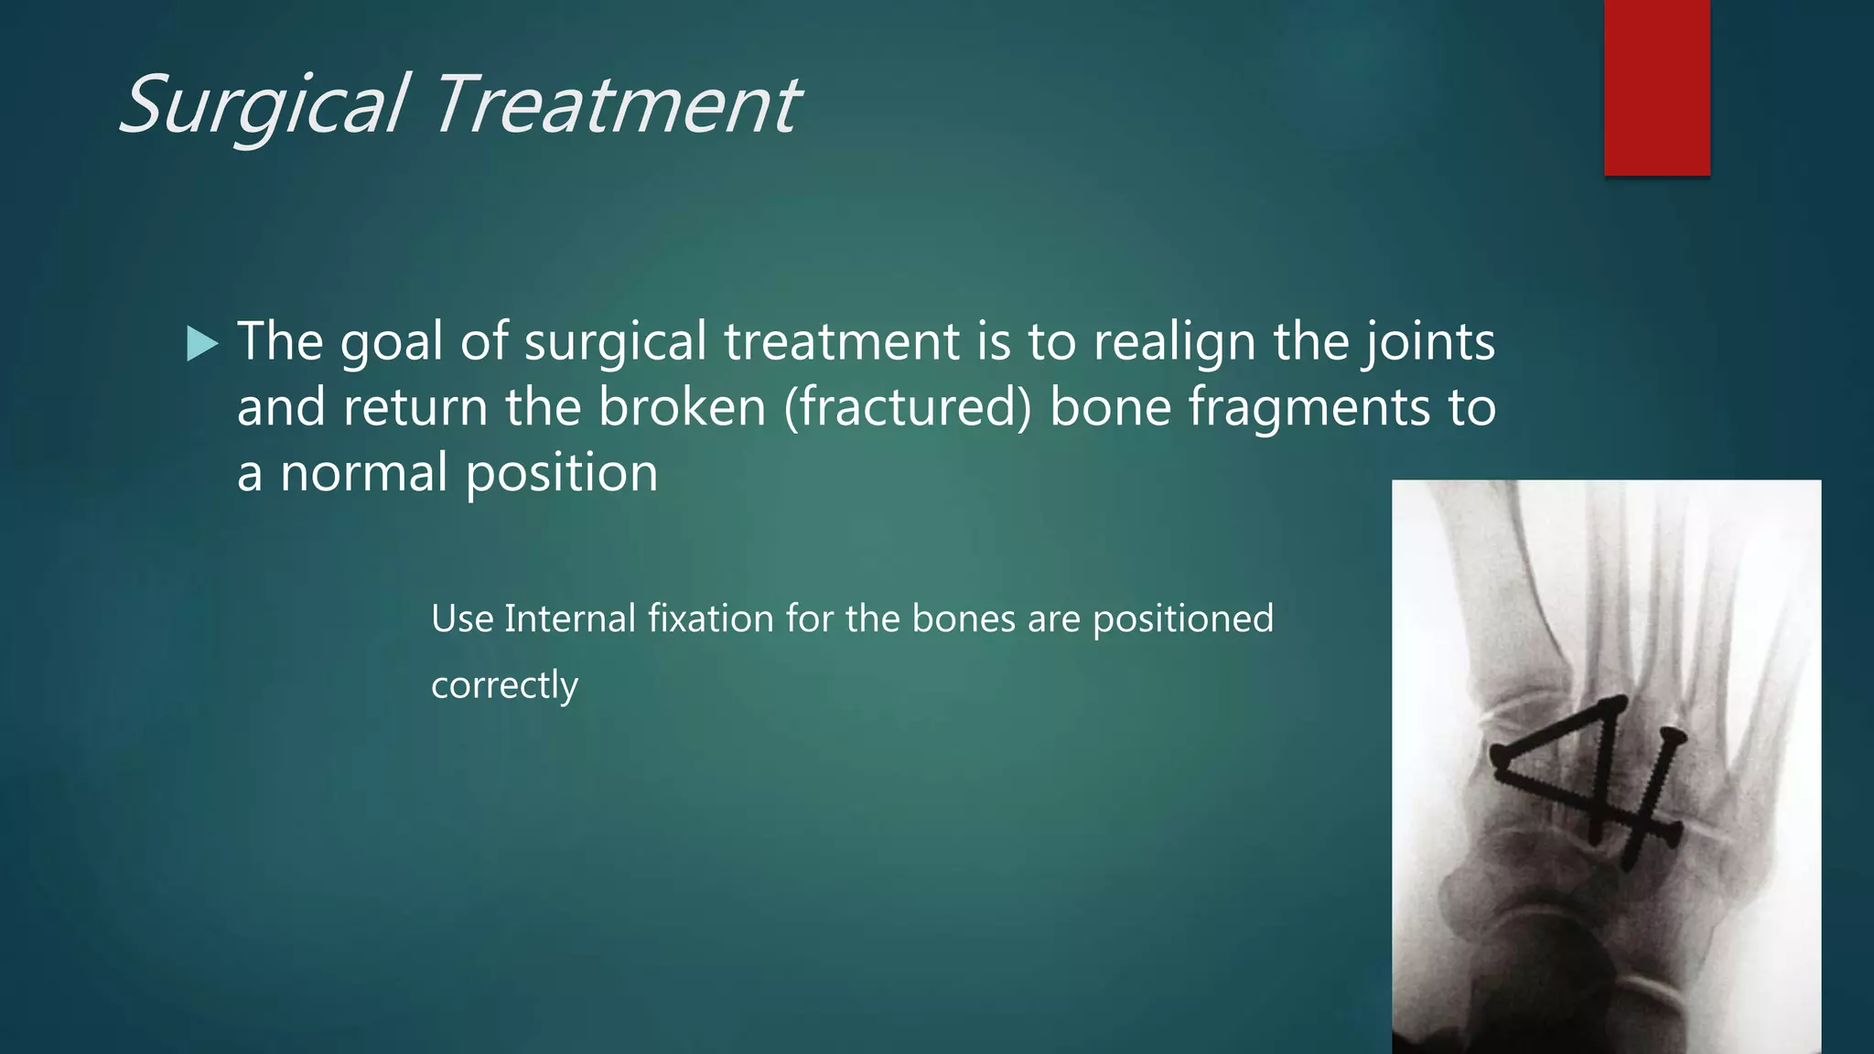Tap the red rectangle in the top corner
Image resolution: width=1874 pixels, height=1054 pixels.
(1656, 87)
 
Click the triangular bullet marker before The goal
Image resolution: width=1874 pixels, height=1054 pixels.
(201, 345)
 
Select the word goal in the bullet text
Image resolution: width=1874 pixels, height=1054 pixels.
(391, 343)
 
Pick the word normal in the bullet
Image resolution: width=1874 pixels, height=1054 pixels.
(363, 473)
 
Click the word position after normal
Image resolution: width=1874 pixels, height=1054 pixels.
(561, 473)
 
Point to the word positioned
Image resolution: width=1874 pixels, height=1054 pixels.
(1182, 619)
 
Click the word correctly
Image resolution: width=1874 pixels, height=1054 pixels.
(504, 685)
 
